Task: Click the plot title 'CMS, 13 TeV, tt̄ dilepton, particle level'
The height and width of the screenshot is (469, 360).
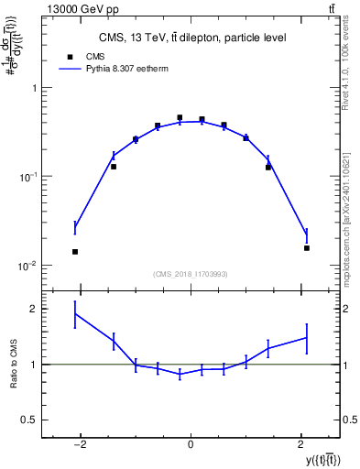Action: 191,38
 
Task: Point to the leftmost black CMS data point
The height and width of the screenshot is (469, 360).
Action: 75,252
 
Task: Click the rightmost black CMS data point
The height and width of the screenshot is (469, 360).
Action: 307,248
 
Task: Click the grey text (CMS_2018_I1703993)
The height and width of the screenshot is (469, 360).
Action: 191,274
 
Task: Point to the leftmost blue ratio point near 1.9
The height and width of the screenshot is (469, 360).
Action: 75,314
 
